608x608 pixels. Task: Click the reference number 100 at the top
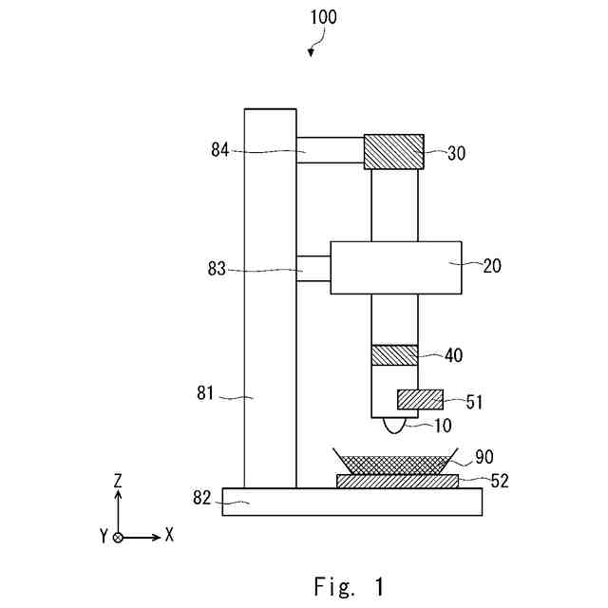click(x=322, y=17)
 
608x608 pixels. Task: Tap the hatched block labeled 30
click(x=393, y=151)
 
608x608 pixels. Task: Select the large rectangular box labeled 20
click(x=396, y=267)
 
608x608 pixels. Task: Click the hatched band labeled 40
click(x=393, y=354)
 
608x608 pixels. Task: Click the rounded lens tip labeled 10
click(x=394, y=425)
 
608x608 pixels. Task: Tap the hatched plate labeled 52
click(x=397, y=481)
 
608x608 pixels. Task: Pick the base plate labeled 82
click(x=351, y=502)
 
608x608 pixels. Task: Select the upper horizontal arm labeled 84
click(x=330, y=150)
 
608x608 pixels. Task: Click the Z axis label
click(x=119, y=483)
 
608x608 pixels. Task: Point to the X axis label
click(x=169, y=535)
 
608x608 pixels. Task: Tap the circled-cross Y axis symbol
click(x=118, y=537)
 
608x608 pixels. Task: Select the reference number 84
click(x=221, y=149)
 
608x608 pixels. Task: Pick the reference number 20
click(x=491, y=266)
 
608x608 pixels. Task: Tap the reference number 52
click(x=499, y=481)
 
